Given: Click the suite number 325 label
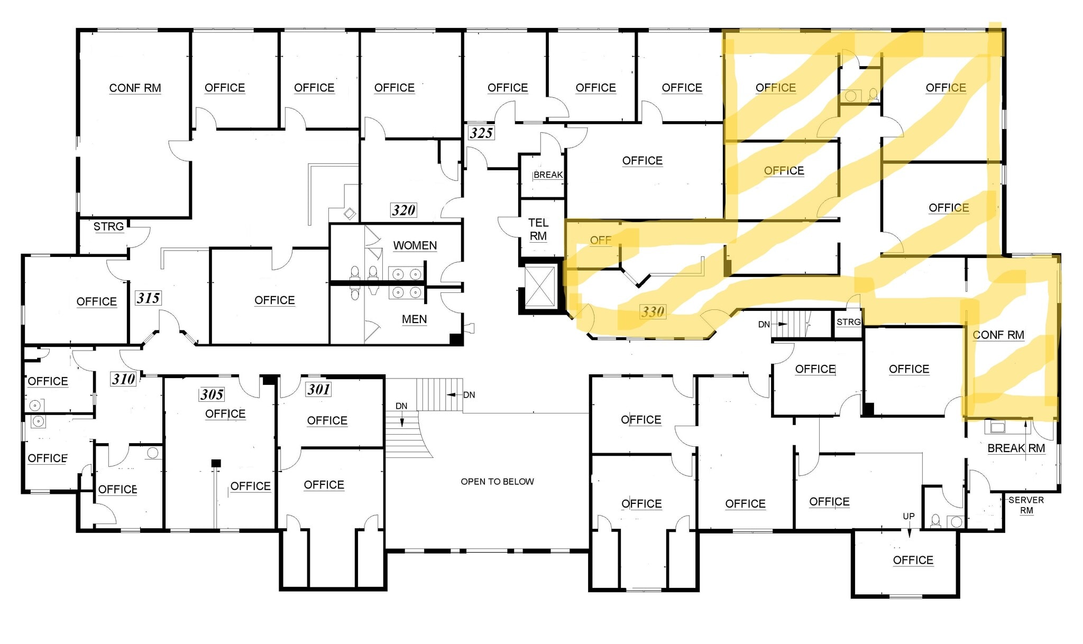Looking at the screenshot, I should [481, 133].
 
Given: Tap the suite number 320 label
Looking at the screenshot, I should [403, 210].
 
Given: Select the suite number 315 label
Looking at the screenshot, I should [148, 298].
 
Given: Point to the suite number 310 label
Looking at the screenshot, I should [123, 379].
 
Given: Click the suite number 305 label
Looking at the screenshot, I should [212, 394].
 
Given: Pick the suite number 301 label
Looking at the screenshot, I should [319, 389].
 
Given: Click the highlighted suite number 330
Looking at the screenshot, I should [653, 311].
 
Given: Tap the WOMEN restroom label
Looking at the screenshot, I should [415, 245].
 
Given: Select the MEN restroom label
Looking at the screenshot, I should [414, 319].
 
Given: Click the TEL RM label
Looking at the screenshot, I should [538, 229].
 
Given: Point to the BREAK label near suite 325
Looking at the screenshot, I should [548, 174].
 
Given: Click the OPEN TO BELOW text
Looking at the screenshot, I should [497, 481].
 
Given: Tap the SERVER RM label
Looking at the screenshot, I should [1026, 505].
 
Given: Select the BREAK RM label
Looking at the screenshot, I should [1016, 448].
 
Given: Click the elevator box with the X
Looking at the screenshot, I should [539, 287].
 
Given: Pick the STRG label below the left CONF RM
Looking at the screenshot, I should [108, 226].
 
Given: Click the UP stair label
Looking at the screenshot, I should [908, 516].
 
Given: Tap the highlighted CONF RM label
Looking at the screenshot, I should [998, 335].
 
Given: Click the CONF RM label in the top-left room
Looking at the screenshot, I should [135, 88].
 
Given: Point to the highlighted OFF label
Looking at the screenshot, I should [600, 240].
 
